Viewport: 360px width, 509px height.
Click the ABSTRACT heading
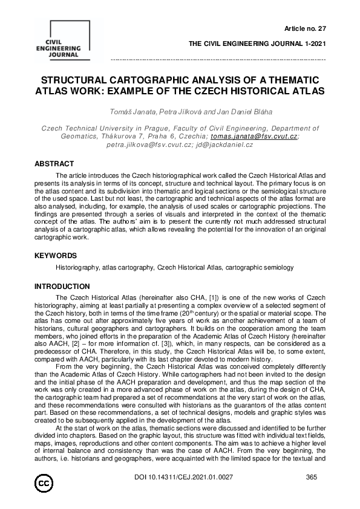coord(54,164)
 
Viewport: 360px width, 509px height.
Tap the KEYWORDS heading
coord(55,256)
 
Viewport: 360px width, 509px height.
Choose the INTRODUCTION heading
coord(62,286)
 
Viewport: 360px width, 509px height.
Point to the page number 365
coord(312,494)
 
